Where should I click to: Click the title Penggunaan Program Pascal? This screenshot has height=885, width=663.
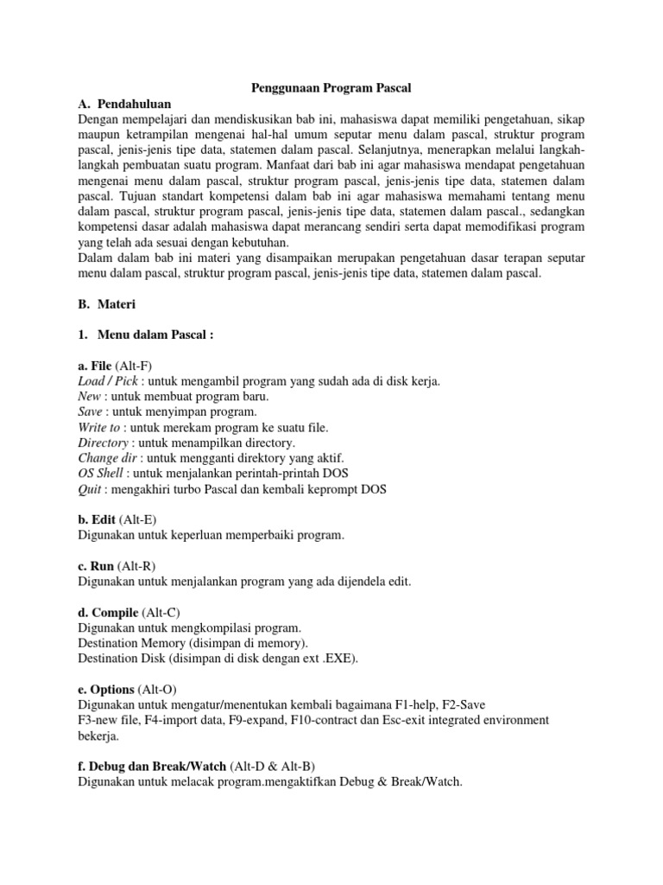(x=331, y=87)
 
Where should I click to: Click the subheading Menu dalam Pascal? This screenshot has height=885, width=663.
(x=155, y=335)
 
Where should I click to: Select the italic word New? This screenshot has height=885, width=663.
(x=90, y=396)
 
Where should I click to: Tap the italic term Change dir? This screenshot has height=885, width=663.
(x=108, y=457)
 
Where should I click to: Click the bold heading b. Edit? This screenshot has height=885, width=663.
(x=98, y=519)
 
